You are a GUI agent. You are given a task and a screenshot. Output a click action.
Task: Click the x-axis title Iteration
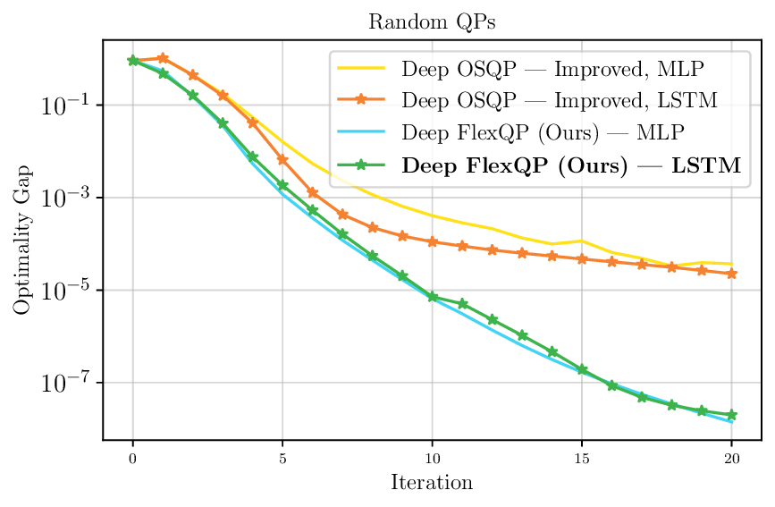[x=432, y=483]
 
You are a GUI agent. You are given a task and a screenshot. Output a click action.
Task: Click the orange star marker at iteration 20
[x=731, y=274]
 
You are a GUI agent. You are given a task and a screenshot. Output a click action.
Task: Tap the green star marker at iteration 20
[x=731, y=415]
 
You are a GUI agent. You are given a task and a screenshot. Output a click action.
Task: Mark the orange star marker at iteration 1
[x=163, y=58]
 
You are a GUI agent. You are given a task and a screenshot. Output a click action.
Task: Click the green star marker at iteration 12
[x=493, y=319]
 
